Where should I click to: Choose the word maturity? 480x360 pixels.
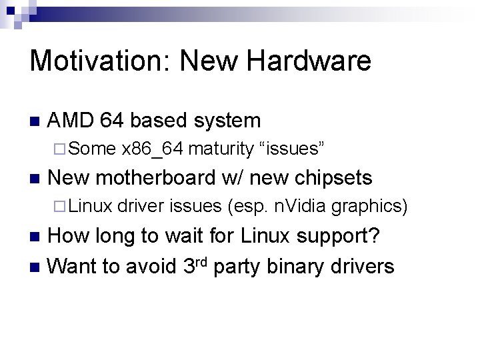tap(221, 149)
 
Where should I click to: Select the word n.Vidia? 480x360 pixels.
tap(300, 207)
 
